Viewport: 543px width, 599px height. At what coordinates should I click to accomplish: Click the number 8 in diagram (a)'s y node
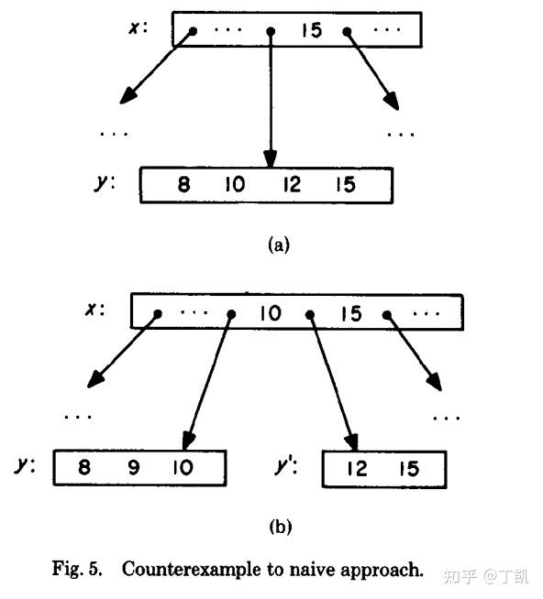pyautogui.click(x=183, y=184)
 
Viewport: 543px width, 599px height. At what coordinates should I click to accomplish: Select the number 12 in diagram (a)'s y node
pyautogui.click(x=292, y=184)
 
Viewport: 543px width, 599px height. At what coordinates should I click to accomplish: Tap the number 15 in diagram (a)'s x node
pyautogui.click(x=312, y=30)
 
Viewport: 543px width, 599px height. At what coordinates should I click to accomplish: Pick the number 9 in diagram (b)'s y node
pyautogui.click(x=134, y=468)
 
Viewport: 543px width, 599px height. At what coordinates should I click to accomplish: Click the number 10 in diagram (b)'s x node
pyautogui.click(x=270, y=313)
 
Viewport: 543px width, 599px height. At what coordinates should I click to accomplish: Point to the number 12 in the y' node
pyautogui.click(x=358, y=469)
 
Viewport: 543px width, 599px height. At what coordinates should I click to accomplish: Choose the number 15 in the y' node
pyautogui.click(x=409, y=469)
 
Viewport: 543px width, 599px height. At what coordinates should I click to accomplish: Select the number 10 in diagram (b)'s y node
pyautogui.click(x=183, y=468)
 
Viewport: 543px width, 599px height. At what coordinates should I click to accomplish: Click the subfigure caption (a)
pyautogui.click(x=278, y=245)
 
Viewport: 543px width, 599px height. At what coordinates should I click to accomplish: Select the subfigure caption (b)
pyautogui.click(x=280, y=527)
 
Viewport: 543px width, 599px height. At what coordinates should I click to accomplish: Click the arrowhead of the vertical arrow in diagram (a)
pyautogui.click(x=271, y=158)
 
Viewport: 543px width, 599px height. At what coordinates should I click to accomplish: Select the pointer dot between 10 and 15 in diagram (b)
pyautogui.click(x=310, y=314)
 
